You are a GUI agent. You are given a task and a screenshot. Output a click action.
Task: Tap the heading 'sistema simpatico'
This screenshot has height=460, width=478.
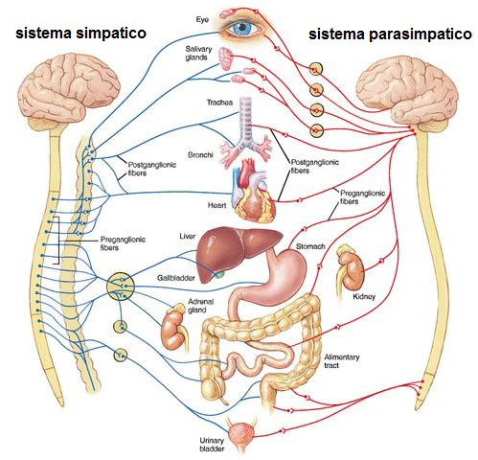coord(80,33)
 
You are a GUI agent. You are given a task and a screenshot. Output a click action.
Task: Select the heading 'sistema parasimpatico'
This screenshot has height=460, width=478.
coord(390,34)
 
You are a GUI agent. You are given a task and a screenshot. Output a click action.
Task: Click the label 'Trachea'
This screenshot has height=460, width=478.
coord(219,103)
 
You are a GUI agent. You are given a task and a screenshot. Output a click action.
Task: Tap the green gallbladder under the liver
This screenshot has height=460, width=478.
coord(219,274)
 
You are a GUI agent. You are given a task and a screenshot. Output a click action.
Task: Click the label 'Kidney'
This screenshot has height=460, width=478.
coord(364,296)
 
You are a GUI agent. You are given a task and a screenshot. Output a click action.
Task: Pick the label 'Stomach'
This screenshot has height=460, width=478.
coord(310,246)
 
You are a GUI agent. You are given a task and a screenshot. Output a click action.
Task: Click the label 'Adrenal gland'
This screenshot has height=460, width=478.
coord(200,306)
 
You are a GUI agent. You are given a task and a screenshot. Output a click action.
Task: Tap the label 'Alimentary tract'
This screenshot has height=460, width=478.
coord(342,361)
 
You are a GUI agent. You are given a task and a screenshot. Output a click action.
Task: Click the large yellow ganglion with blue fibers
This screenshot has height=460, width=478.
coord(120,287)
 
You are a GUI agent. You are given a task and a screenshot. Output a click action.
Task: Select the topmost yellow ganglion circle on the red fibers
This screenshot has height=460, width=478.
coord(316,69)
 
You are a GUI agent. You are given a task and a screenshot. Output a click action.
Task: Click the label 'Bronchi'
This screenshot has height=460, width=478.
coord(200,155)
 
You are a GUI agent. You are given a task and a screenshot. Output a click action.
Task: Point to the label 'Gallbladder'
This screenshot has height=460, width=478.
coord(176,278)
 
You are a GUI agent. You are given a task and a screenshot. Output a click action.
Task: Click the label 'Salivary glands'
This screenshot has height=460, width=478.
coord(198,53)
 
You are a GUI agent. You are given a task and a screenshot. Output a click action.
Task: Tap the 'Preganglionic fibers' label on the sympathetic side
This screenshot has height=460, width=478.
coord(123,243)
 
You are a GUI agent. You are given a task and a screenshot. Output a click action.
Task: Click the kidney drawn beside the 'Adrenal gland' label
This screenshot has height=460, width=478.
coord(174,330)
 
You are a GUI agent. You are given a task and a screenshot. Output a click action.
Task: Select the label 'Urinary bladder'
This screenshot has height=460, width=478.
coord(212,445)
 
